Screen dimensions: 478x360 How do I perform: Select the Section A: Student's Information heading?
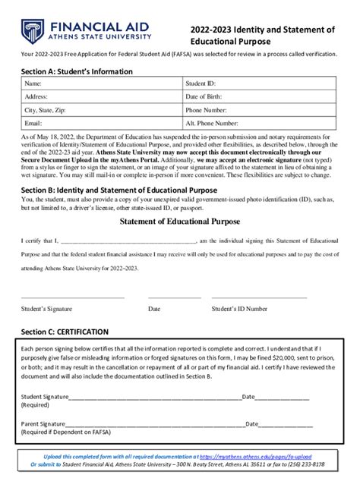pyautogui.click(x=77, y=71)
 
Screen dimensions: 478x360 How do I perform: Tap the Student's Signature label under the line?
pyautogui.click(x=51, y=310)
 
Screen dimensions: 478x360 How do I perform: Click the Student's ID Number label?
pyautogui.click(x=239, y=310)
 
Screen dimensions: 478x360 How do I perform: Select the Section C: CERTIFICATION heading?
pyautogui.click(x=65, y=332)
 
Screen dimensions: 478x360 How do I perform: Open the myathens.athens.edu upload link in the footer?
pyautogui.click(x=268, y=457)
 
